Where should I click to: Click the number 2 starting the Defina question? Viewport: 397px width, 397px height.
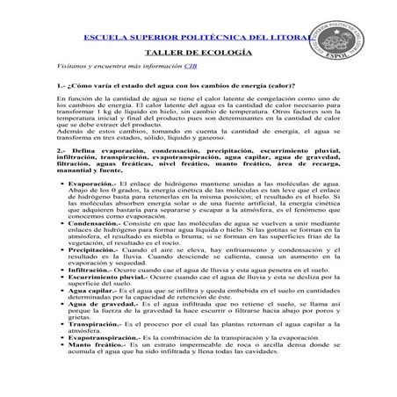(58, 150)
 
